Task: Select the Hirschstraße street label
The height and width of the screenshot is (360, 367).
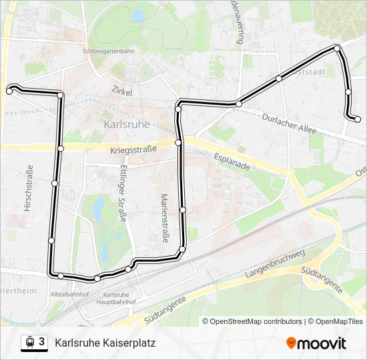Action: (28, 188)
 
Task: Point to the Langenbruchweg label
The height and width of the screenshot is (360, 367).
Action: (274, 264)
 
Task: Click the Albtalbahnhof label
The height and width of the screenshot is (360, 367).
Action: (68, 293)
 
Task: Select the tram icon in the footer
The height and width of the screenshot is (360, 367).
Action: (29, 343)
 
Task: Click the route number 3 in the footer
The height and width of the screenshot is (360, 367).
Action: (42, 342)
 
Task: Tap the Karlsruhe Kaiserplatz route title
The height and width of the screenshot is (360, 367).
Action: (105, 343)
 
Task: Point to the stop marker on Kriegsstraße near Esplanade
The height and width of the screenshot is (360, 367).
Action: (178, 143)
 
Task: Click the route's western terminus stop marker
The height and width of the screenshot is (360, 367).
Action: (9, 91)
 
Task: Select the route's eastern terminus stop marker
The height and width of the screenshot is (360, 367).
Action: (358, 119)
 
